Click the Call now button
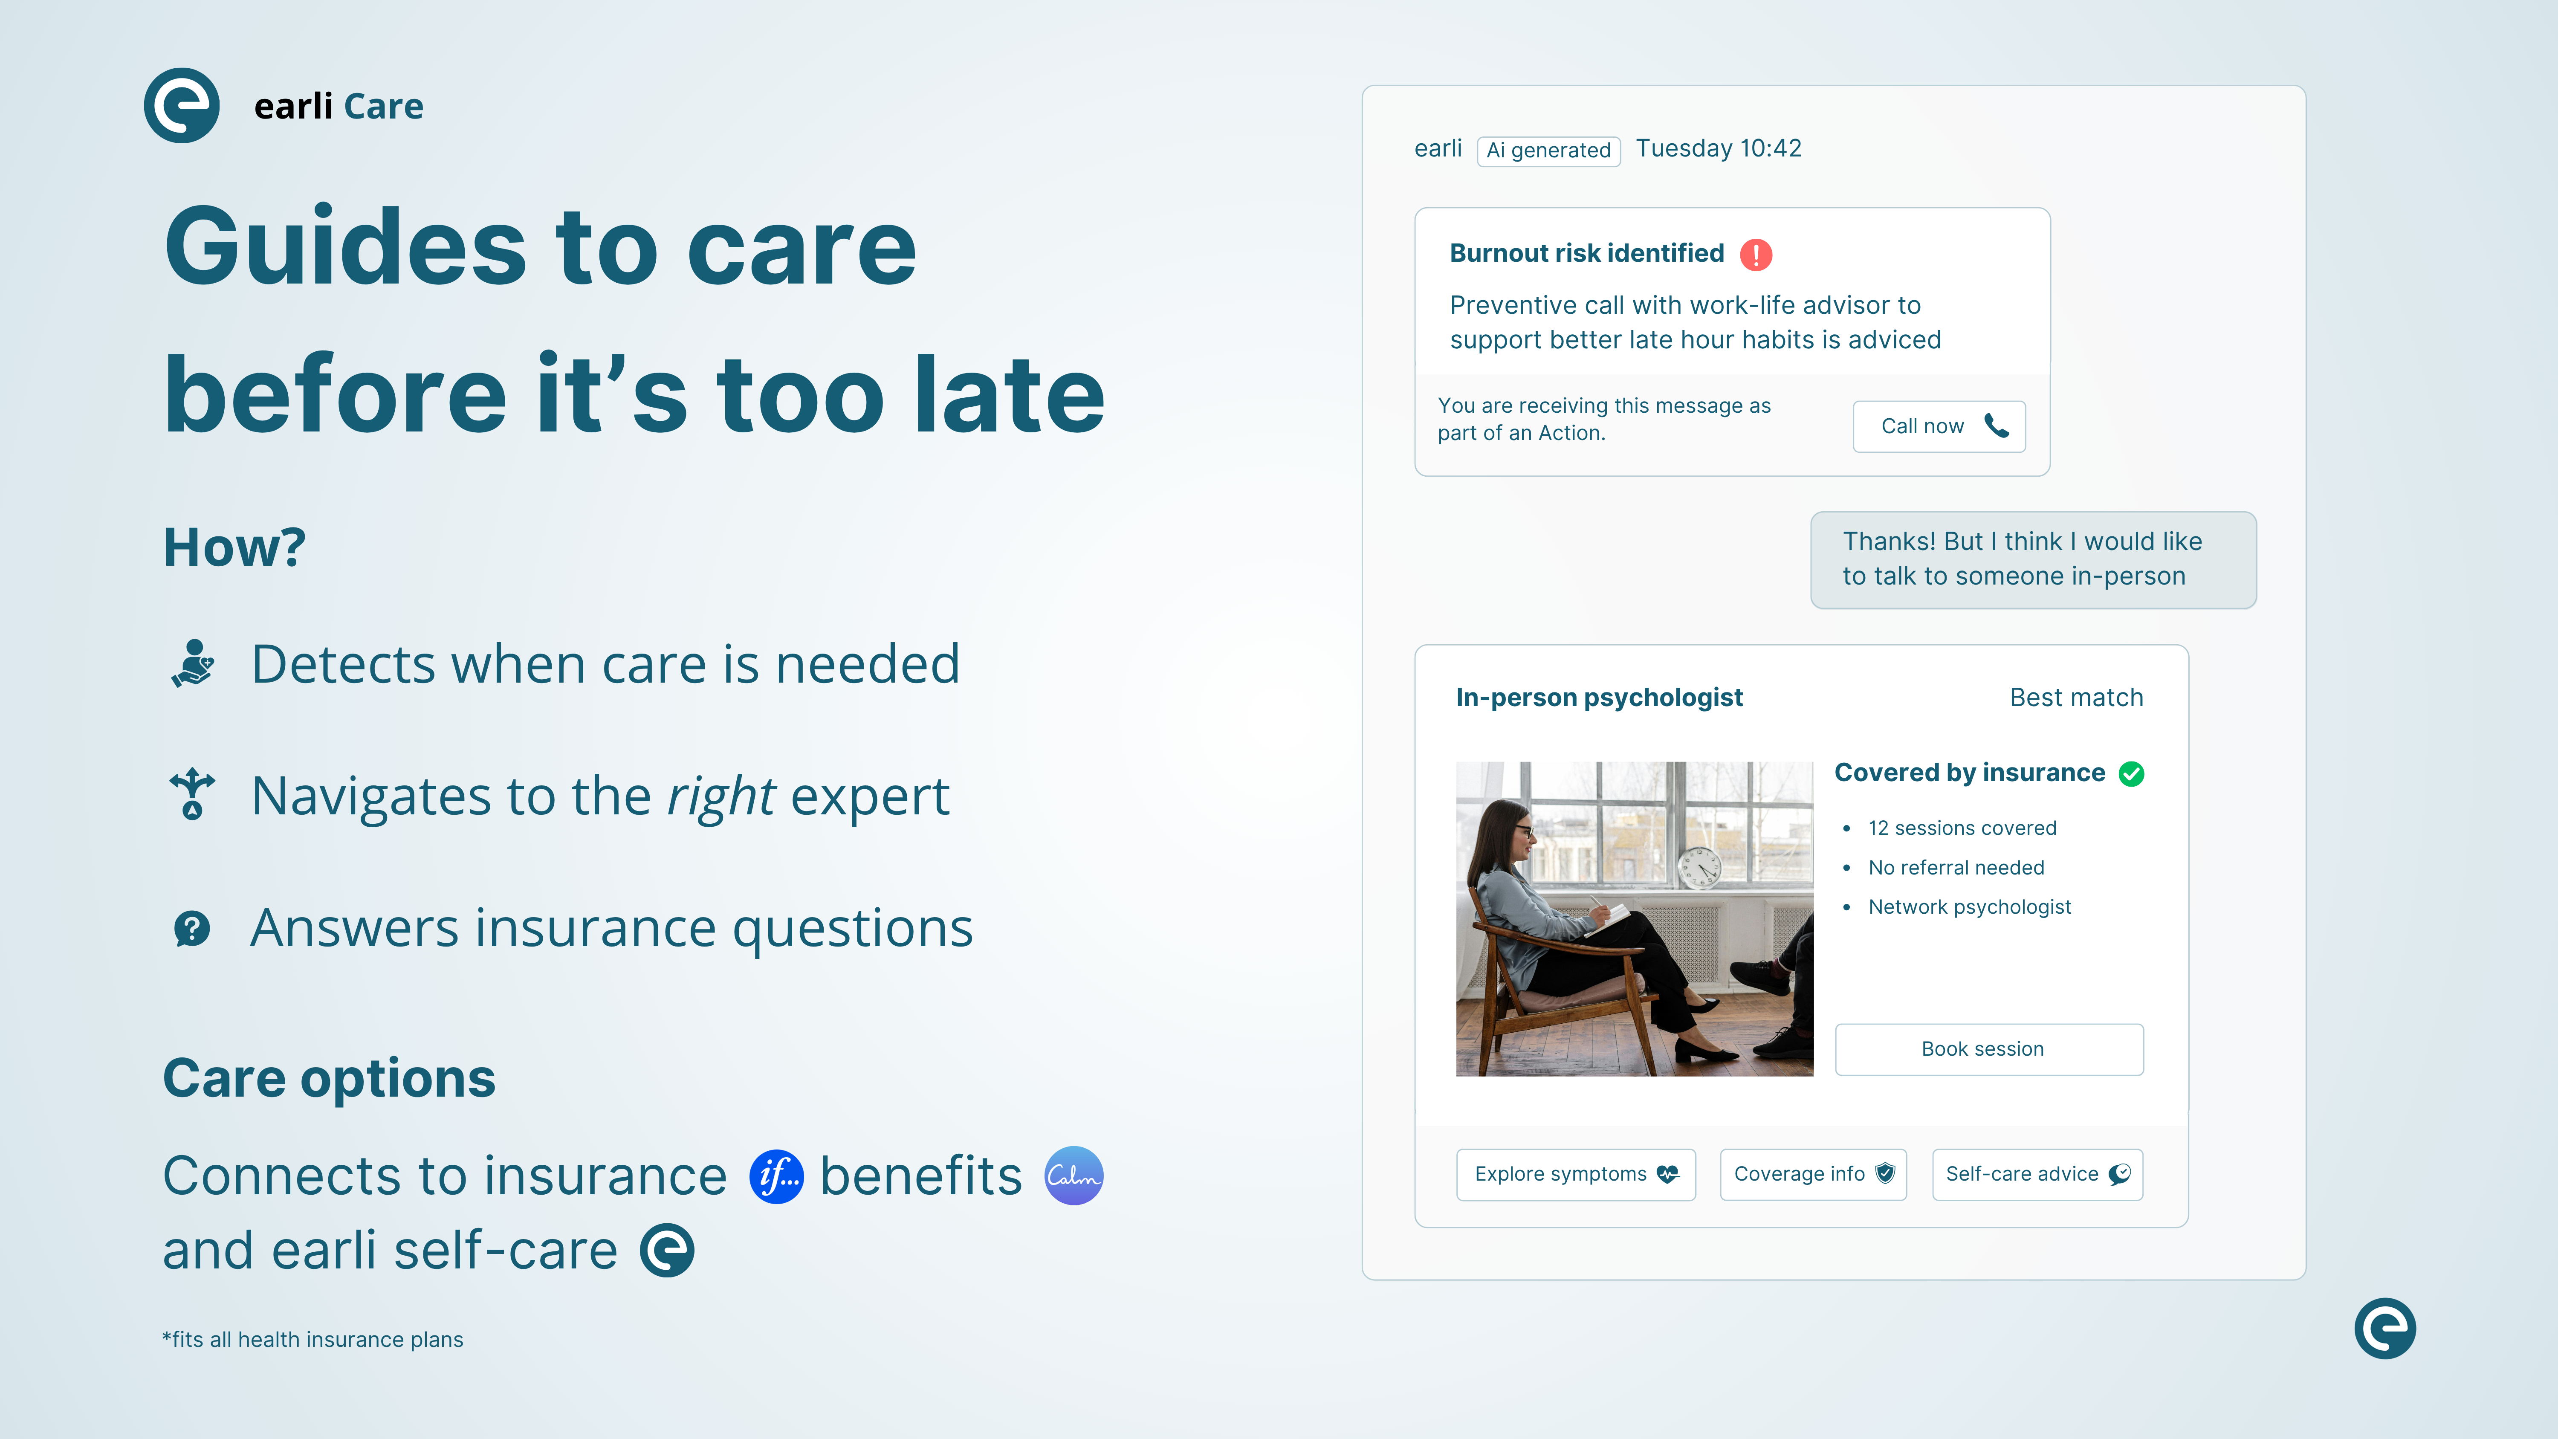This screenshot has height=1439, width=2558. pyautogui.click(x=1939, y=426)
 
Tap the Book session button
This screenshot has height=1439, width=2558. pyautogui.click(x=1989, y=1049)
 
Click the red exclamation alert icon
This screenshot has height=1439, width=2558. pyautogui.click(x=1756, y=254)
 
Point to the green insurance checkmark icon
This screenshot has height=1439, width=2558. pyautogui.click(x=2131, y=773)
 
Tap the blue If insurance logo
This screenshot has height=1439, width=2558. pyautogui.click(x=776, y=1177)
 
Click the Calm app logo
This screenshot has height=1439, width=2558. pyautogui.click(x=1074, y=1176)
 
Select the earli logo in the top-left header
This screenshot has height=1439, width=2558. pyautogui.click(x=182, y=105)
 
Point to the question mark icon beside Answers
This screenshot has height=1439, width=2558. pyautogui.click(x=192, y=929)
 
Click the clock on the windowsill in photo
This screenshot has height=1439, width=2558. pyautogui.click(x=1699, y=868)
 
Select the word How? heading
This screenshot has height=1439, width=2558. pyautogui.click(x=234, y=547)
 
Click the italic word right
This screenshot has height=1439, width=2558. pyautogui.click(x=721, y=796)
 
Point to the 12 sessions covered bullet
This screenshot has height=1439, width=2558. pyautogui.click(x=1961, y=828)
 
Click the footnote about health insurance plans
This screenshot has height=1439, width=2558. pyautogui.click(x=313, y=1340)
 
